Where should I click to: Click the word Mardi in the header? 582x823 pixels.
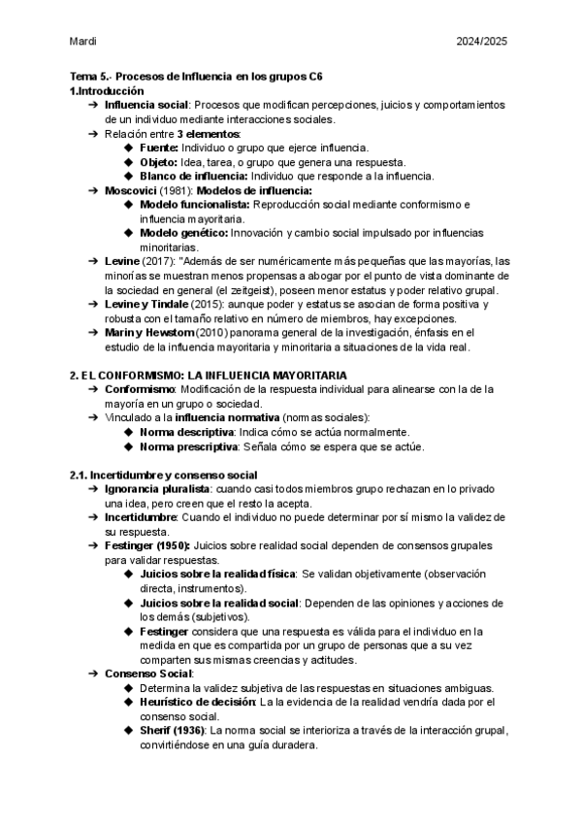click(x=83, y=42)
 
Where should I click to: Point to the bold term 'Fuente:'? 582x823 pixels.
click(x=165, y=148)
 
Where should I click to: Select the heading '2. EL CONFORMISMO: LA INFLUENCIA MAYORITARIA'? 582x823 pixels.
click(x=195, y=375)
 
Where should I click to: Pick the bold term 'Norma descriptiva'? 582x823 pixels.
click(x=188, y=432)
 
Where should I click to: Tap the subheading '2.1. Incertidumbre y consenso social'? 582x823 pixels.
click(x=163, y=475)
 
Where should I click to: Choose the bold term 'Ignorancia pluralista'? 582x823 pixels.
click(x=157, y=489)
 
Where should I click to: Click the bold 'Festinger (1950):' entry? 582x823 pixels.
click(x=146, y=546)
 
